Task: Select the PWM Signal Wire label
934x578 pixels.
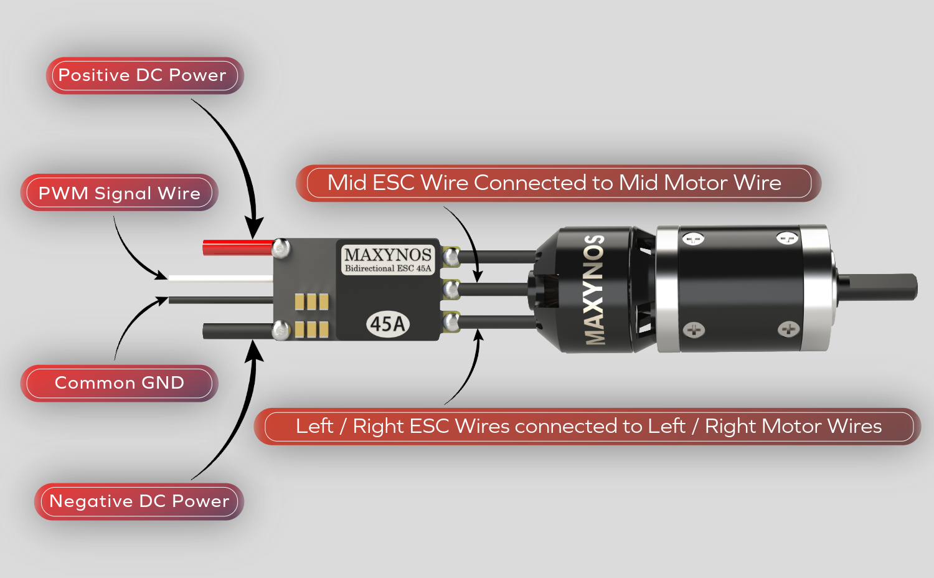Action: (119, 193)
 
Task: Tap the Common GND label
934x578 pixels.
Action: (119, 383)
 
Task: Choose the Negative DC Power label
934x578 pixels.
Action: (139, 501)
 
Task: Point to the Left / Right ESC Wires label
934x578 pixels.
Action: (588, 427)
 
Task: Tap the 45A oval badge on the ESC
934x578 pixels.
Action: (387, 324)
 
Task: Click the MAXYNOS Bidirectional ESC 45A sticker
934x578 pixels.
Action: (387, 259)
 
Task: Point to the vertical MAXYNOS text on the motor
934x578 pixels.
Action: (595, 290)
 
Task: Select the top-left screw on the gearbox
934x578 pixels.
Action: (693, 239)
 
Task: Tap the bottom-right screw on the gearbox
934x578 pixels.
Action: (788, 329)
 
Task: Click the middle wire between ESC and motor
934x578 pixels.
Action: (495, 289)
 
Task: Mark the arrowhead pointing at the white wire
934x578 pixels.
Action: (161, 275)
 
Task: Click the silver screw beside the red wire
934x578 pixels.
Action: (281, 248)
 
